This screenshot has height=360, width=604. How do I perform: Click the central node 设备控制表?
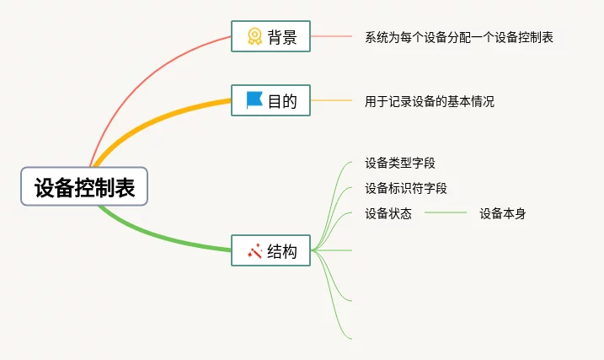click(x=84, y=186)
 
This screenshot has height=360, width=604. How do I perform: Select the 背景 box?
click(x=270, y=36)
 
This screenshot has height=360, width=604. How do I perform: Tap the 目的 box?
click(x=270, y=100)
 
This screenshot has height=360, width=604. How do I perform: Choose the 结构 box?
click(x=270, y=250)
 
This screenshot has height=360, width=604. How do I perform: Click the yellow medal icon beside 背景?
click(x=254, y=36)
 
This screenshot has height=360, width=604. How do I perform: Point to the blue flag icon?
click(x=254, y=100)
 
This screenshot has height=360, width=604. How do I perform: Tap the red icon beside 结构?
click(x=254, y=250)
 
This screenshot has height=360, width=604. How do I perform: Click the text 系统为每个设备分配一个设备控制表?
click(x=459, y=37)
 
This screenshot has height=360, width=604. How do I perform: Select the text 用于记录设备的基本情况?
click(x=429, y=101)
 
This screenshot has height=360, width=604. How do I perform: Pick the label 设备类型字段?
click(x=399, y=163)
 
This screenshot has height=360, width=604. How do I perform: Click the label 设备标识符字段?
click(x=405, y=188)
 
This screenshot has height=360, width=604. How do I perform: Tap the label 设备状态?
click(x=388, y=213)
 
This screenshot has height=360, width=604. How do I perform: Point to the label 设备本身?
click(x=502, y=213)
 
